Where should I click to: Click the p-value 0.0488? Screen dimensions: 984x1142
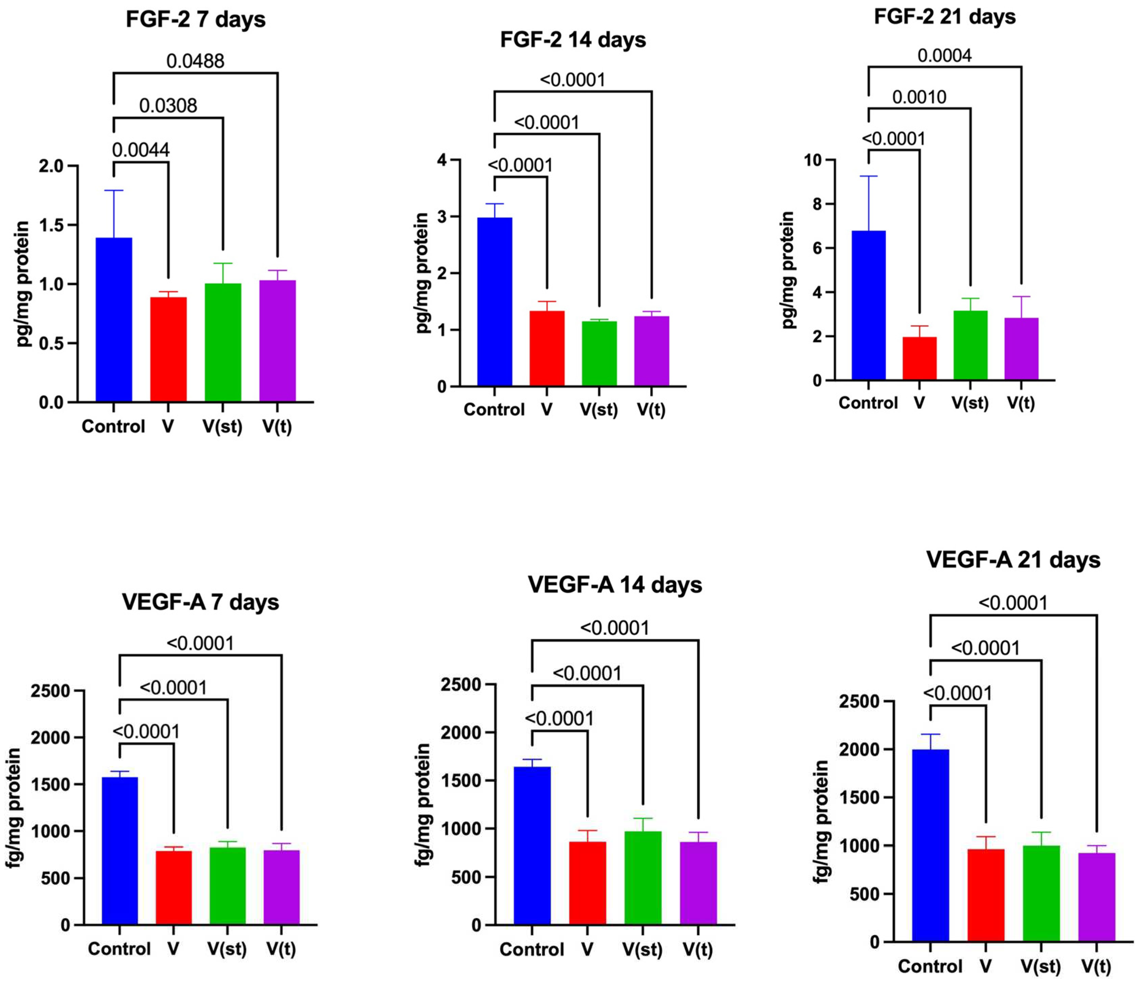pos(195,61)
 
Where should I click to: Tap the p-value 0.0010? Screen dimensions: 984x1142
pos(919,97)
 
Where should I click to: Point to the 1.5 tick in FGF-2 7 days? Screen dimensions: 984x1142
pos(51,226)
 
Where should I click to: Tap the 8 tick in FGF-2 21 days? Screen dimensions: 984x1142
pos(816,204)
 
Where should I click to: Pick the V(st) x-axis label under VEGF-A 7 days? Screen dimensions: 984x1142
pos(227,949)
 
